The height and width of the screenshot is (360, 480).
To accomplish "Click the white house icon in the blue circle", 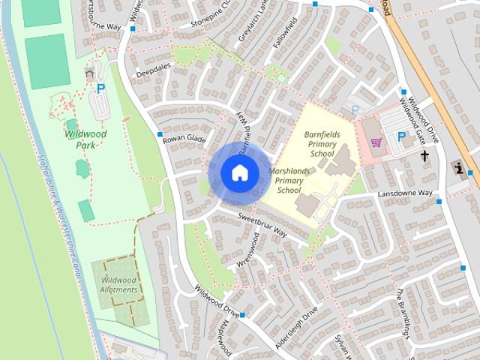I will [x=239, y=172].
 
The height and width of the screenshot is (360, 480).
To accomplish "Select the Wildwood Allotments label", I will [x=118, y=285].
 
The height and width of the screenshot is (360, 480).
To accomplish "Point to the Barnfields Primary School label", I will [x=322, y=143].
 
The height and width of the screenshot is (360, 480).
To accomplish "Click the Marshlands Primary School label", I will [x=290, y=181].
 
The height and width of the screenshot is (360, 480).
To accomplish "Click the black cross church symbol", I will [x=425, y=156].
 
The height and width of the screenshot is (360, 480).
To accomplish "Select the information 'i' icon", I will [x=458, y=167].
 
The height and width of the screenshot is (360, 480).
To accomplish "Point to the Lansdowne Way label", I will [x=404, y=193].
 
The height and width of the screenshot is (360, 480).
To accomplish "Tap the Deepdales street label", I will [x=154, y=73].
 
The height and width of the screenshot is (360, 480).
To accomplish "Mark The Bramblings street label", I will [x=404, y=311].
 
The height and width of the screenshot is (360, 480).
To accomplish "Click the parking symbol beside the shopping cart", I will [x=401, y=137].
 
